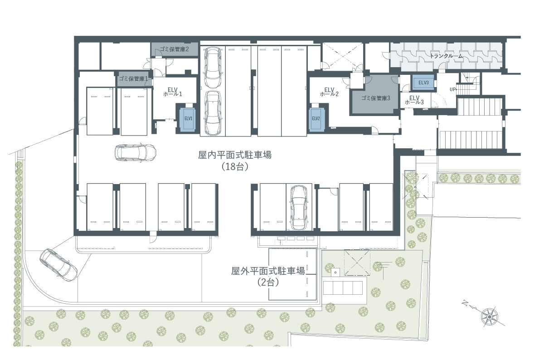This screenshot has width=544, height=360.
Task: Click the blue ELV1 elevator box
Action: click(189, 118)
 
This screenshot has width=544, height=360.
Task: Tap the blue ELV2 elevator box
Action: click(316, 119)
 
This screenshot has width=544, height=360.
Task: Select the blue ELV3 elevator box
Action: click(423, 83)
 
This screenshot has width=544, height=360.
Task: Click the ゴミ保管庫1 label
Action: click(133, 79)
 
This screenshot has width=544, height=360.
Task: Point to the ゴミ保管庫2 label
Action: click(174, 49)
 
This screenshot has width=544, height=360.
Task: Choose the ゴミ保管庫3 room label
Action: click(375, 98)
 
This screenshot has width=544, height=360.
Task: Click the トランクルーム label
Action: click(447, 56)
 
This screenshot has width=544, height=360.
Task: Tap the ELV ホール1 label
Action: click(173, 92)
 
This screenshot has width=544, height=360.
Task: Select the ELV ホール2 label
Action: click(329, 92)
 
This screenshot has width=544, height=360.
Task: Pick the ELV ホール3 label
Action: click(414, 100)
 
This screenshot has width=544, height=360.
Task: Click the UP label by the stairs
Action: click(452, 89)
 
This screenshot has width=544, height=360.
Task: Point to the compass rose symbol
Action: click(489, 317)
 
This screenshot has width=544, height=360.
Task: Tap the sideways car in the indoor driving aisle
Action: click(136, 153)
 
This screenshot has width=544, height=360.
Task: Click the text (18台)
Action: click(235, 167)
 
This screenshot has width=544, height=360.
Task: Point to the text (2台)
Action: click(268, 282)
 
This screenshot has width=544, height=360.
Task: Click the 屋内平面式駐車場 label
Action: click(235, 155)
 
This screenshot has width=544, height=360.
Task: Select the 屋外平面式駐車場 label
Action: click(268, 271)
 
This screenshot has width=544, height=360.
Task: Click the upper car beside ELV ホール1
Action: click(213, 68)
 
